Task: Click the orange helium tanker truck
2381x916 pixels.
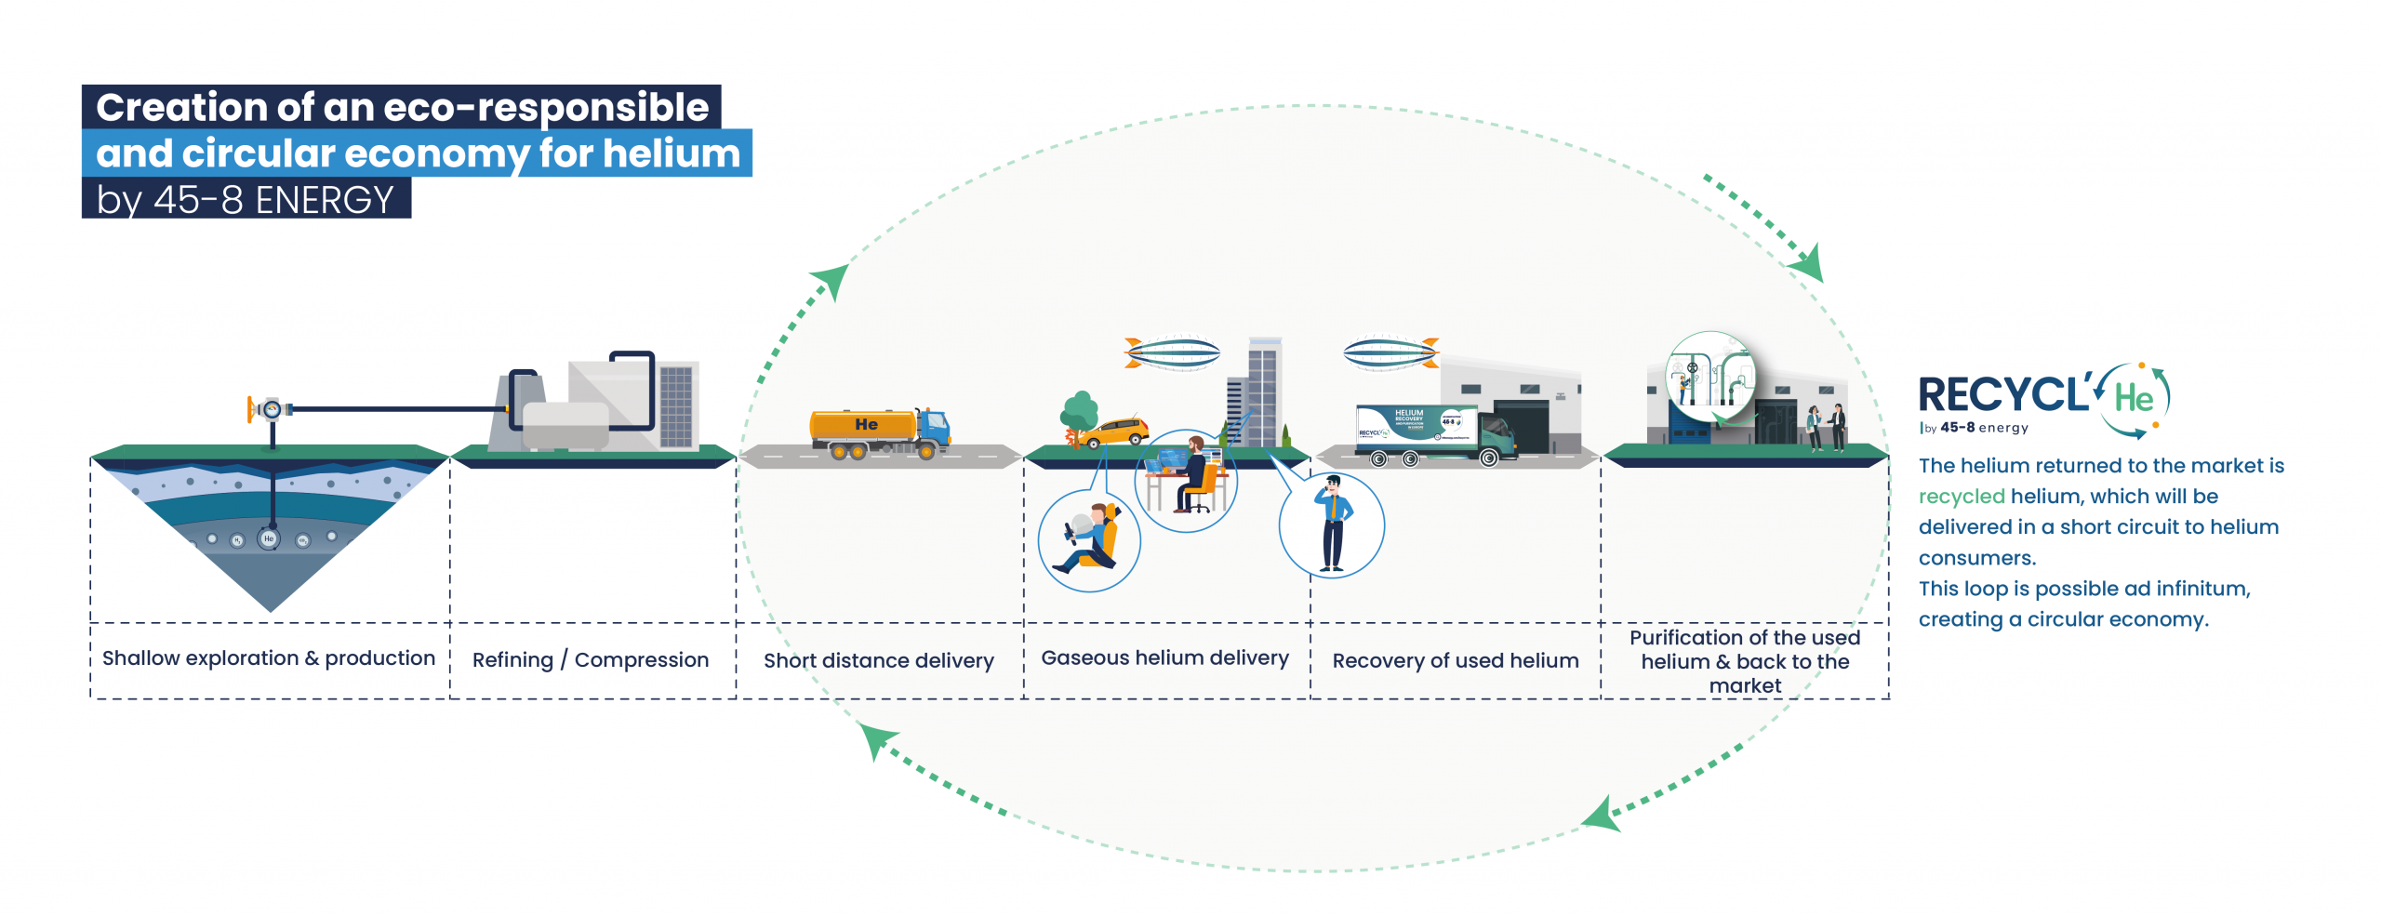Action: point(879,433)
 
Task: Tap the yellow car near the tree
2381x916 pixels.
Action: point(1115,432)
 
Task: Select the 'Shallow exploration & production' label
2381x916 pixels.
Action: point(268,658)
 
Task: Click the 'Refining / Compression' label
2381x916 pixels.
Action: point(590,660)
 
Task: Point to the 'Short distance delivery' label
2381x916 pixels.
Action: point(878,661)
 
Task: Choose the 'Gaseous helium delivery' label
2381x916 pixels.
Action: point(1164,658)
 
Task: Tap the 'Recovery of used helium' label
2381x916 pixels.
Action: point(1455,661)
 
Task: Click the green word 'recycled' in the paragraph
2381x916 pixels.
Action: point(1961,497)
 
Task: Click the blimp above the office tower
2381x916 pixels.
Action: point(1172,353)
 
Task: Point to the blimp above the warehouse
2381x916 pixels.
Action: point(1390,353)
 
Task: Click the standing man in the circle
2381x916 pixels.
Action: point(1332,524)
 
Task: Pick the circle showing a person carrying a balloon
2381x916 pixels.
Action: point(1089,540)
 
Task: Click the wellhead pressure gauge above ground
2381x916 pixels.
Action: point(272,409)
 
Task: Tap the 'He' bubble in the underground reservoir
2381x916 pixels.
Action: point(269,538)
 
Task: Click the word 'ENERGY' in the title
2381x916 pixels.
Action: point(325,200)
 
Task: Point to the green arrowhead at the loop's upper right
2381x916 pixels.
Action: point(1808,264)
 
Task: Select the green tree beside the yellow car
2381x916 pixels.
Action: point(1079,412)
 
